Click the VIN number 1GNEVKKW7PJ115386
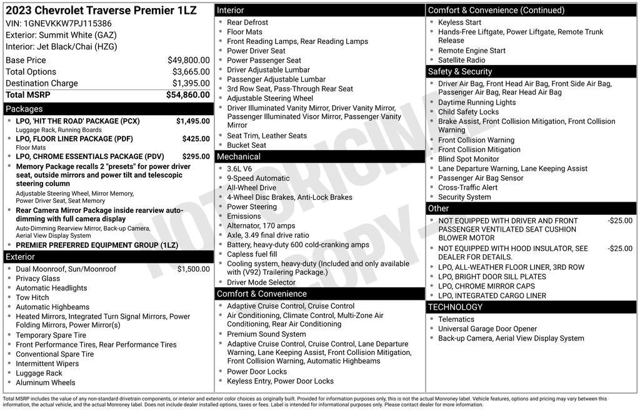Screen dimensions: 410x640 [x=67, y=24]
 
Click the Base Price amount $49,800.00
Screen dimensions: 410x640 [x=188, y=60]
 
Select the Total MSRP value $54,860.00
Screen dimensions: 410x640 [x=187, y=95]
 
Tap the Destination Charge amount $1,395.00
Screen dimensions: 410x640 [x=191, y=83]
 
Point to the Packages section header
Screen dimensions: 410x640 [x=24, y=109]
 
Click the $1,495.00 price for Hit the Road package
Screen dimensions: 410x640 [x=192, y=121]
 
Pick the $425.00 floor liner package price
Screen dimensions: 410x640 [x=196, y=139]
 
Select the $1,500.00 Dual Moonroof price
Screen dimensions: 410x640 [x=193, y=269]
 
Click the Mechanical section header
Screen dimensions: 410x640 [x=239, y=156]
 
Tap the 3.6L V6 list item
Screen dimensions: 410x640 [x=239, y=168]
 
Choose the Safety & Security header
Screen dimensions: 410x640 [x=460, y=71]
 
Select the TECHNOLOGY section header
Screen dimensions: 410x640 [x=455, y=307]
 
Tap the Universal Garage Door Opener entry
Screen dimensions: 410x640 [x=487, y=329]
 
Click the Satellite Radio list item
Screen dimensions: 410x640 [x=461, y=60]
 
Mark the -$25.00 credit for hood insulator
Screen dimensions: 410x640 [x=619, y=249]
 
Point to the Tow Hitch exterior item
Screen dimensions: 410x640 [x=32, y=297]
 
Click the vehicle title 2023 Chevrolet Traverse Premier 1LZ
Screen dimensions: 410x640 [x=101, y=10]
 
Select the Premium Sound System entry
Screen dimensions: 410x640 [x=266, y=334]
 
